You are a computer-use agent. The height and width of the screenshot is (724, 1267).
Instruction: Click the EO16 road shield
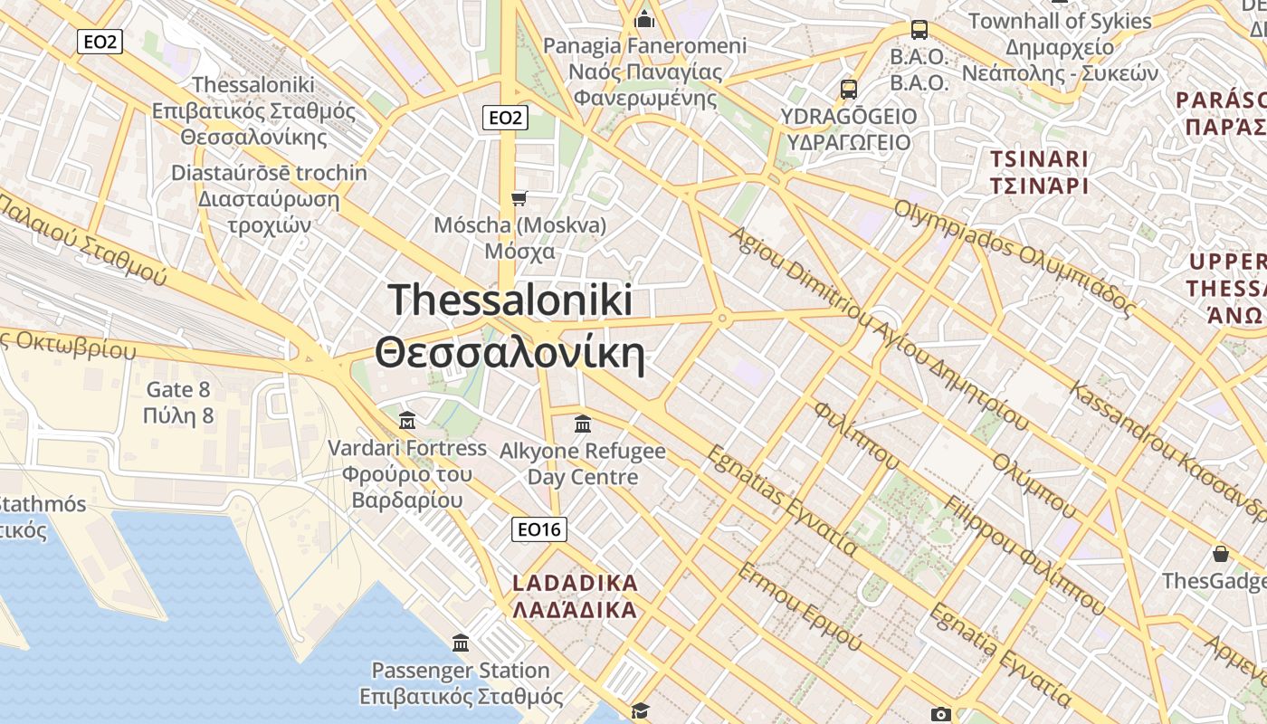coord(539,529)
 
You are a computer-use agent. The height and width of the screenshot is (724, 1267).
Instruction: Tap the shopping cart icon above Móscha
coord(519,198)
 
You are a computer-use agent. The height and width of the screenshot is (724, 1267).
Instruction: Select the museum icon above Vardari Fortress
coord(407,421)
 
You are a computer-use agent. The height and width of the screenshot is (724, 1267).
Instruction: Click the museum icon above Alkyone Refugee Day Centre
coord(583,424)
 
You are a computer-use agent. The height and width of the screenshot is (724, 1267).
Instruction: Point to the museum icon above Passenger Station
coord(461,643)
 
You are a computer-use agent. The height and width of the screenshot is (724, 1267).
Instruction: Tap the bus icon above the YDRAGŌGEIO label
coord(848,89)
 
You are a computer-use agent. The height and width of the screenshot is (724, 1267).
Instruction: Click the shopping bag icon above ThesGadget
coord(1221,554)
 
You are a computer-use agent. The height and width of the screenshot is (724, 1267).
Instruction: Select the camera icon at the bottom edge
coord(941,714)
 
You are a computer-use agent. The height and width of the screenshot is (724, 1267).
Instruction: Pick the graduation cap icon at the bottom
coord(641,710)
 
